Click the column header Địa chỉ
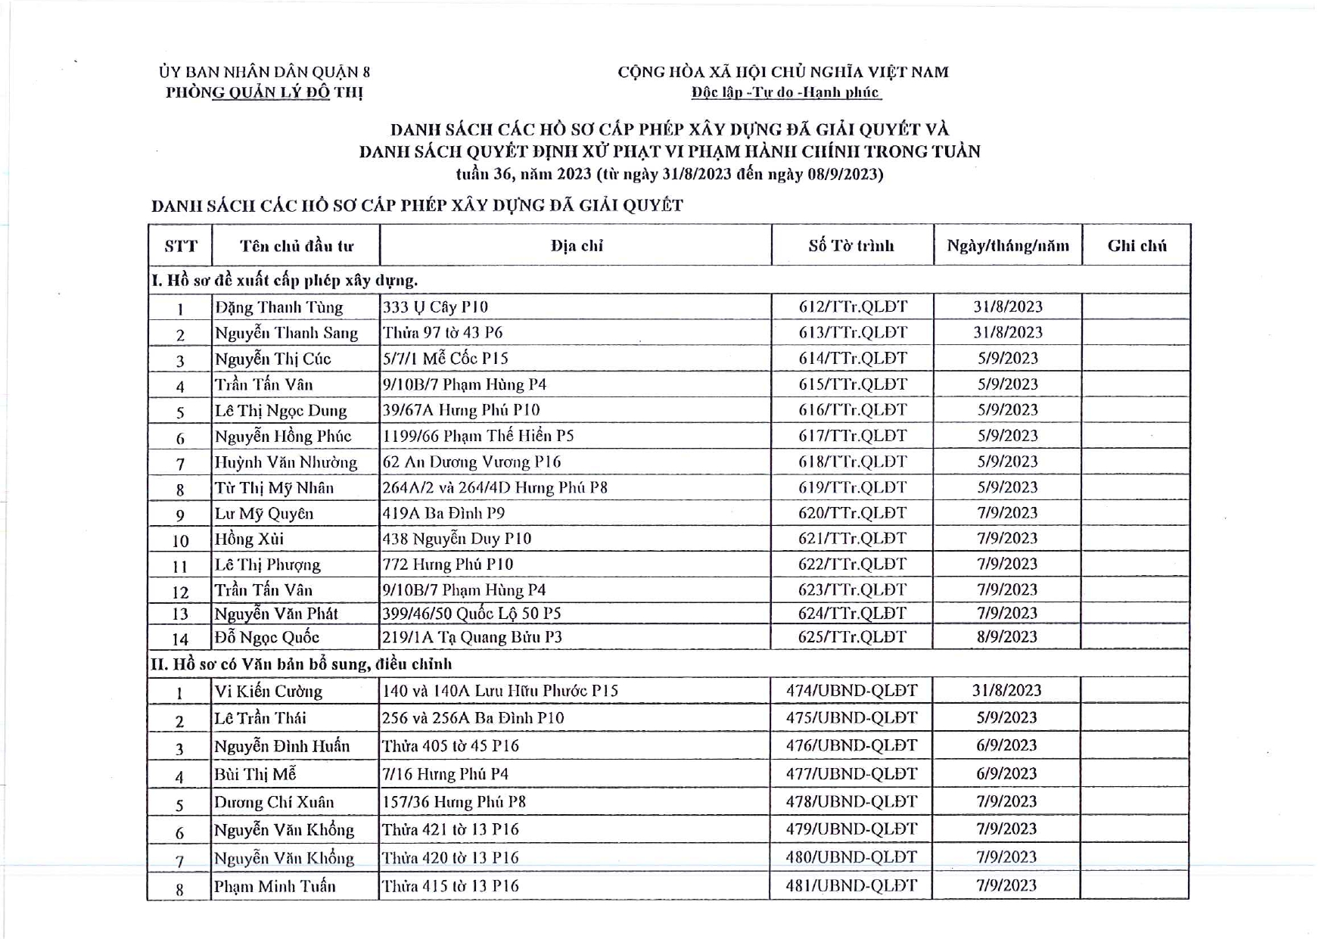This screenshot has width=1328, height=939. pos(577,246)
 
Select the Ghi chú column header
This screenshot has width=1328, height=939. pos(1137,246)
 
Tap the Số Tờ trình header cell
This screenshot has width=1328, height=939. pos(851,246)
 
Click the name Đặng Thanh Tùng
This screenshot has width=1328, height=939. pos(278,307)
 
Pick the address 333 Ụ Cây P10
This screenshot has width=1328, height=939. pos(435,307)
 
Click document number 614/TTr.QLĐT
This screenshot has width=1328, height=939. pos(852,359)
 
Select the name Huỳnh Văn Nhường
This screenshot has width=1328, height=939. pos(285,462)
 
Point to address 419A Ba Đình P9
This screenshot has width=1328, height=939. pos(443,514)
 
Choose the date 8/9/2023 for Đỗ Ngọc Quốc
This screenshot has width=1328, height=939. pos(1006,637)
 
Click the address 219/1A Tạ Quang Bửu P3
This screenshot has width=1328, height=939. pos(472,637)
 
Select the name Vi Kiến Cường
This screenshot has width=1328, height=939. pos(268,692)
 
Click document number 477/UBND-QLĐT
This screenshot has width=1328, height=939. pos(851,774)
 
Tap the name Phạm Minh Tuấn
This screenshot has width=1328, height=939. pos(274,886)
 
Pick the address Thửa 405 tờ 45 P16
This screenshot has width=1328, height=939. pos(450,746)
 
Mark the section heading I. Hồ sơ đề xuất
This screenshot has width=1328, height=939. pos(285,281)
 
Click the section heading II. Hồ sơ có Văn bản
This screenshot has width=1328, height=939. pos(301,664)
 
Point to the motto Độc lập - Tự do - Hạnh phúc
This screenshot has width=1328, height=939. pos(785,93)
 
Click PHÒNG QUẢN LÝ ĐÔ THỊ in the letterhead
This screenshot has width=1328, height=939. pos(264,93)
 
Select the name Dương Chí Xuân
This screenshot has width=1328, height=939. pos(273,802)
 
